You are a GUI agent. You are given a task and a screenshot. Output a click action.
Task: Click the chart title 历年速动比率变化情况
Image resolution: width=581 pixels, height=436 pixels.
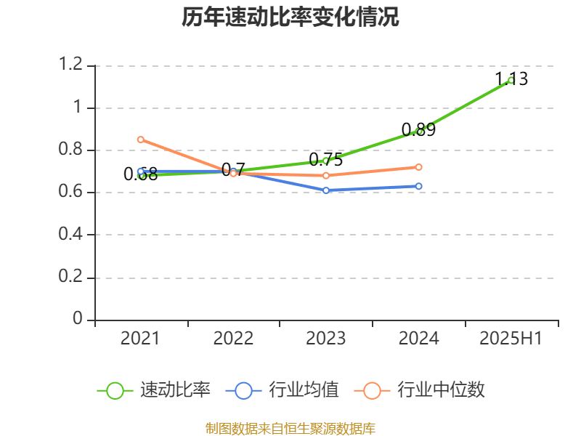[x=290, y=17]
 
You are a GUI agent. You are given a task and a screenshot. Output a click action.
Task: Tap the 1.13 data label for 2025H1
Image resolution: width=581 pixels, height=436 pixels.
[x=511, y=78]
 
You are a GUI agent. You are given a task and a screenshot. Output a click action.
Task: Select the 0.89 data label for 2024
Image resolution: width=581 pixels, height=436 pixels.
[x=418, y=130]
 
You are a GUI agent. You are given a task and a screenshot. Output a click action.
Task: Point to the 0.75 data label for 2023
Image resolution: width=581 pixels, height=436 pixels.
[x=325, y=160]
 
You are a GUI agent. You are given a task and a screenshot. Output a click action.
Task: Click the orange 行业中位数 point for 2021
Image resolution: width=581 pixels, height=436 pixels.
[x=140, y=140]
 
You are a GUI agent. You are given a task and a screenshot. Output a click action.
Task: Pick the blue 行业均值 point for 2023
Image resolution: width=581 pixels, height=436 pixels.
[x=326, y=190]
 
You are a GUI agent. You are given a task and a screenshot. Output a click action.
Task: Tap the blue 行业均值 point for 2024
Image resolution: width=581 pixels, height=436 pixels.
[x=419, y=186]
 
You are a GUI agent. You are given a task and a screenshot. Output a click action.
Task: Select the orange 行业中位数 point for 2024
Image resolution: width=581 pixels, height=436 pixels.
[x=419, y=167]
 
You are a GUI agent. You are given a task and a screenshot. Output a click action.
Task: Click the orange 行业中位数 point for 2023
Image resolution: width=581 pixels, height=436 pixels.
[x=326, y=176]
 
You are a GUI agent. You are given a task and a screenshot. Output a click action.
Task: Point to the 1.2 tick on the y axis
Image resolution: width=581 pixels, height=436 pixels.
[x=71, y=65]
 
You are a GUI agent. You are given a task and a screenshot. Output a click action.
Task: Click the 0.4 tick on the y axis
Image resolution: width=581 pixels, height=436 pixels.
[x=71, y=235]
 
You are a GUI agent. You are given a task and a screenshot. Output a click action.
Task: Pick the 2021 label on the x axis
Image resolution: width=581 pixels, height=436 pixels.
[x=140, y=338]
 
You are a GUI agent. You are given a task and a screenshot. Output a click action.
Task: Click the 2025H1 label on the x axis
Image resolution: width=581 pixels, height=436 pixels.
[x=511, y=338]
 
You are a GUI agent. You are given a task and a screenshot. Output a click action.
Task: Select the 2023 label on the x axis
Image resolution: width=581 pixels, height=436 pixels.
[x=326, y=338]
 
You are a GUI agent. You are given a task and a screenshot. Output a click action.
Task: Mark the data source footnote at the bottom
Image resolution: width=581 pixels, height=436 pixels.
[x=290, y=428]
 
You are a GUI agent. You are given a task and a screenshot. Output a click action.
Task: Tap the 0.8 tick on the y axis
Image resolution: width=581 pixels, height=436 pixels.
[x=71, y=150]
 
